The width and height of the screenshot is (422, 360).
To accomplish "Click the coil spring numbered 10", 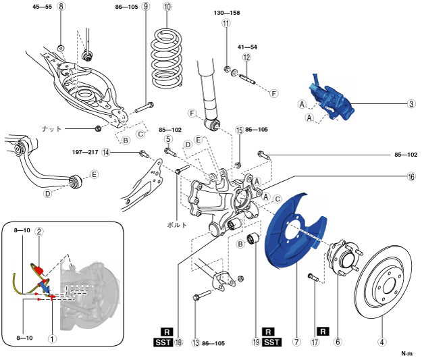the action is [x=167, y=59].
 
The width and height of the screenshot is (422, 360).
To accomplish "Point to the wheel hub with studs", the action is [x=343, y=257].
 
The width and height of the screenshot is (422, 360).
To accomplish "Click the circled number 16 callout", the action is [x=411, y=177].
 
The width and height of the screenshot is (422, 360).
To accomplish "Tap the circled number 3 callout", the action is [x=411, y=103].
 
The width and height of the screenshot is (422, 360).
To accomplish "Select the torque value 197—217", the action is [x=85, y=153].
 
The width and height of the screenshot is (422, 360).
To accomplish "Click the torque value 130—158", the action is [x=227, y=13].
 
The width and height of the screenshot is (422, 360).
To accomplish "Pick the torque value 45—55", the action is [x=42, y=7].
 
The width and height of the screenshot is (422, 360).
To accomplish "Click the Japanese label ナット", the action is [x=52, y=129].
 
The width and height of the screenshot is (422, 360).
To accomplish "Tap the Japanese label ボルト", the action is [x=176, y=225].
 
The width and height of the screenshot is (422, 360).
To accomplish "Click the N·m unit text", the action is [x=406, y=353].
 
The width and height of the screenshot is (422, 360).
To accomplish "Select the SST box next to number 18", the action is [x=163, y=342].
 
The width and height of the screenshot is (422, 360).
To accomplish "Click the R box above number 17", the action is [x=323, y=332].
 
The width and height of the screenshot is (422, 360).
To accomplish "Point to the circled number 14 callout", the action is [x=106, y=153].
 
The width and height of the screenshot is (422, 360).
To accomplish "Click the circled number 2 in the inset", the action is [x=39, y=232].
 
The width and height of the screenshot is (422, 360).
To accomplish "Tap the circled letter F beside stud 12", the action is [x=273, y=94].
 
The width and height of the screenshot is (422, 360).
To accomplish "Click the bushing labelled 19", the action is [x=253, y=239].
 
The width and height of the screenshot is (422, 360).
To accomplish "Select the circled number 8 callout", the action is [x=61, y=6].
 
